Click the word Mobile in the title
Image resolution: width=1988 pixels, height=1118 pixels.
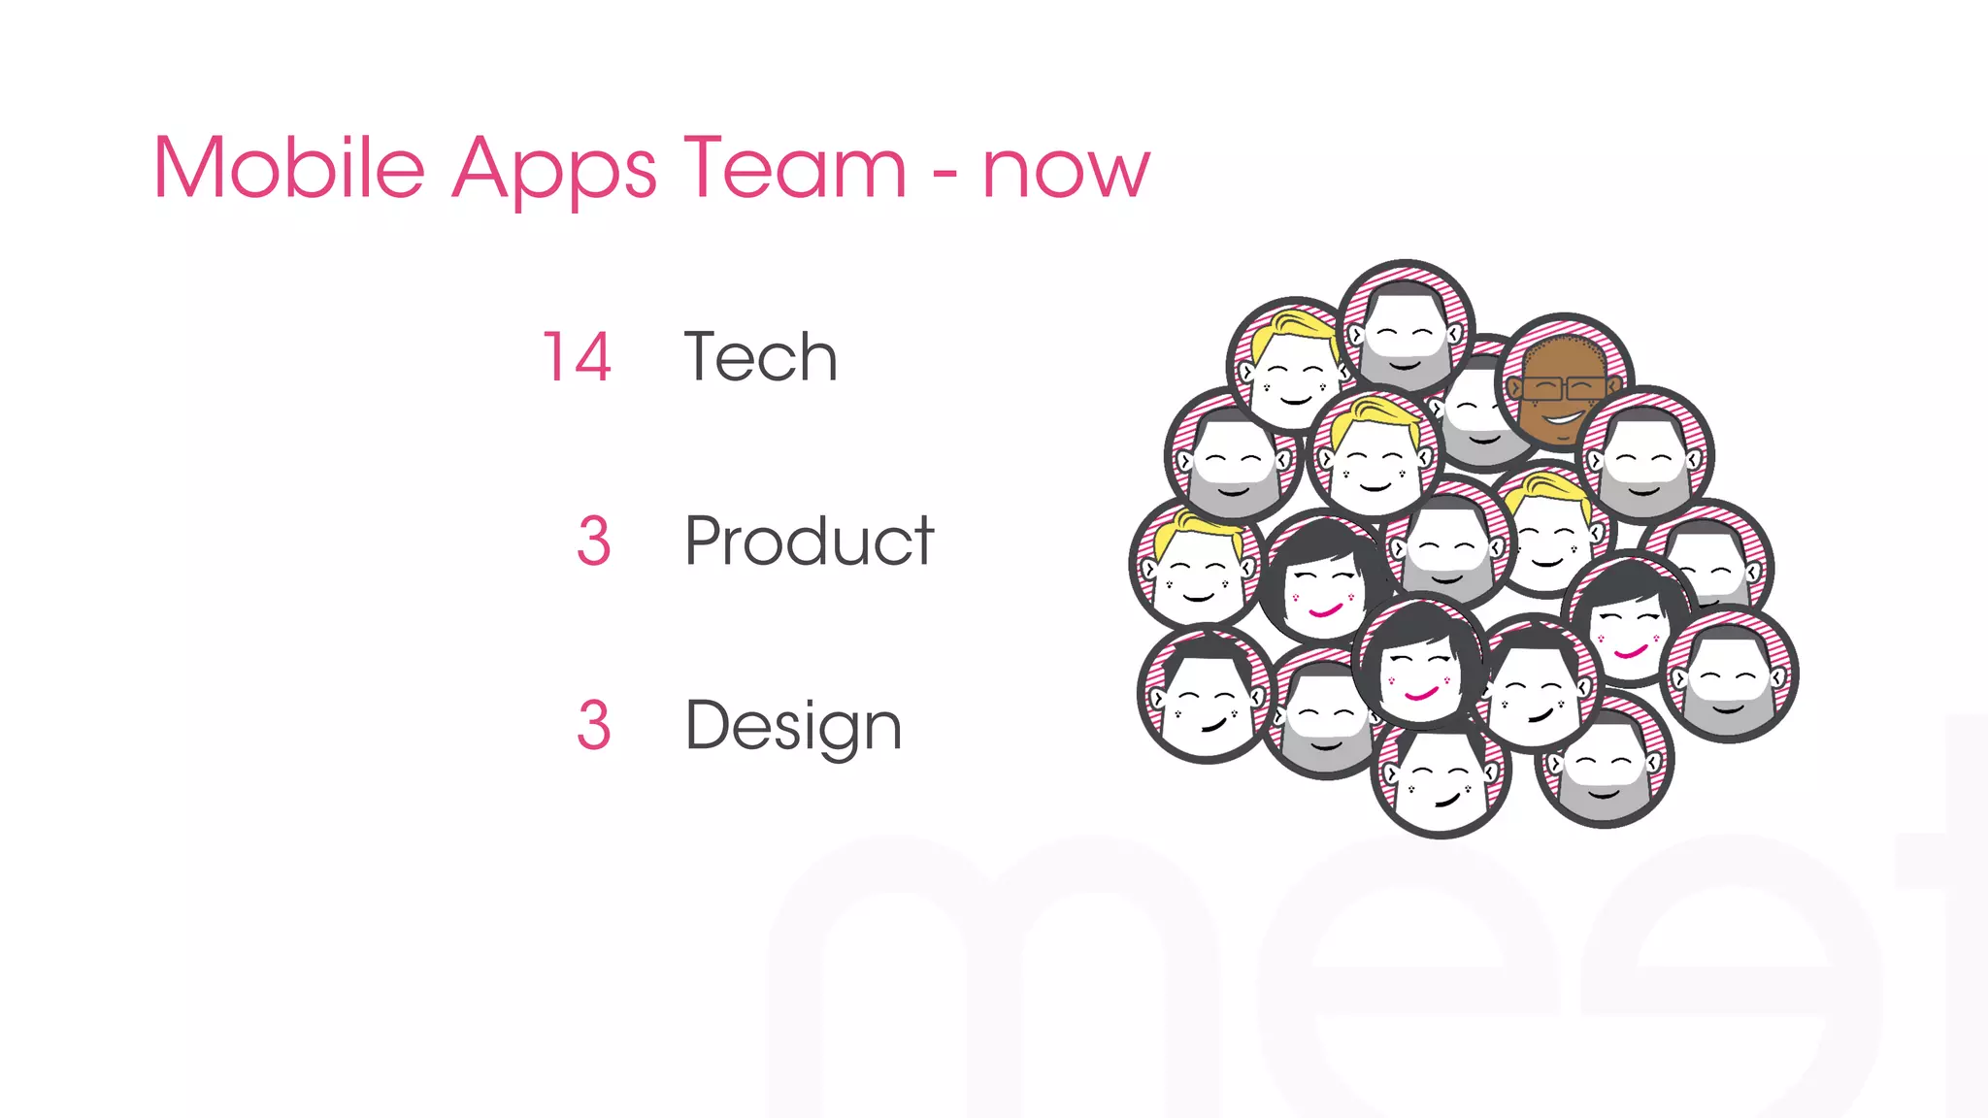[289, 169]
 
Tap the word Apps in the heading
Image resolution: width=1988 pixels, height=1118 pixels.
[554, 171]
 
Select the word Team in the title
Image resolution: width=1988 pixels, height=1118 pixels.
[795, 169]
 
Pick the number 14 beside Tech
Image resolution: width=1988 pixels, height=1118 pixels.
[577, 357]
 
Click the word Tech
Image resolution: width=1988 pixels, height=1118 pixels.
[760, 357]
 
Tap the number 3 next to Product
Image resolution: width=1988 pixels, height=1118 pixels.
[593, 541]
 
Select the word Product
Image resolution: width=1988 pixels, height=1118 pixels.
[809, 541]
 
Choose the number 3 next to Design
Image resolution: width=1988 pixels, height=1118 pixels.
[593, 725]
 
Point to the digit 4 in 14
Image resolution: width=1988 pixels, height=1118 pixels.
[591, 357]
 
